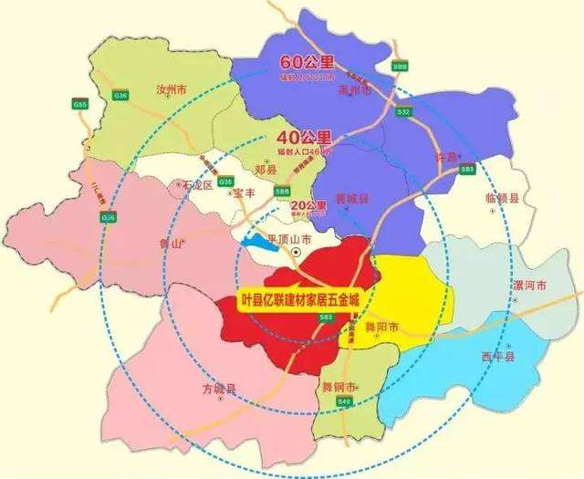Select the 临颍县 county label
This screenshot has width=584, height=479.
pos(503,198)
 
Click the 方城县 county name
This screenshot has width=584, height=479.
pos(219,390)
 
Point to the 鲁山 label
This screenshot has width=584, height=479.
pos(172,245)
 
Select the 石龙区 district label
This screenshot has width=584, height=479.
pos(197,184)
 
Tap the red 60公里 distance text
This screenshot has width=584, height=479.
pos(307,63)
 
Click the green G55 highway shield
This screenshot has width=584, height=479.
pos(81,106)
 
